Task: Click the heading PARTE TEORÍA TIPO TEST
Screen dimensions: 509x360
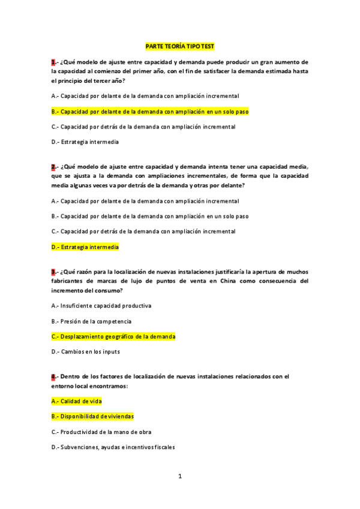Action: [180, 46]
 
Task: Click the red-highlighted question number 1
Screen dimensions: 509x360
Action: [53, 61]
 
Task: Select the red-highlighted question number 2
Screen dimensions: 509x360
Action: [53, 166]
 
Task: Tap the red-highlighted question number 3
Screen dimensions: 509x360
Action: [53, 271]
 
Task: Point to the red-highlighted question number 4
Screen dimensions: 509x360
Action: [53, 376]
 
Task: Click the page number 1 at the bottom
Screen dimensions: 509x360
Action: [180, 476]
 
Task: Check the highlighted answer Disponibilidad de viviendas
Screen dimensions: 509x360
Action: [92, 416]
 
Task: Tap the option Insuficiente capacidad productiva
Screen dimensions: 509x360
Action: [101, 306]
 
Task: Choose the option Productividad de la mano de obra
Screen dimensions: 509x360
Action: [101, 432]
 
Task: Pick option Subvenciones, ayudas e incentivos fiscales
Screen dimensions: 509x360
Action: [113, 447]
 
